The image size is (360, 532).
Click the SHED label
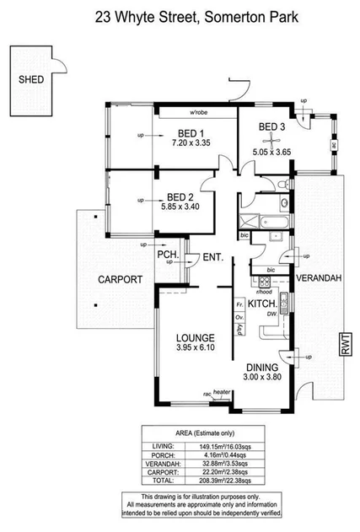tap(30, 81)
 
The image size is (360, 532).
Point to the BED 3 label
tap(271, 127)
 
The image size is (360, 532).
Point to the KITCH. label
tap(264, 301)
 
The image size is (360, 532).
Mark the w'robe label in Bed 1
tap(199, 113)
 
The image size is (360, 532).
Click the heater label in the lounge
tap(223, 392)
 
